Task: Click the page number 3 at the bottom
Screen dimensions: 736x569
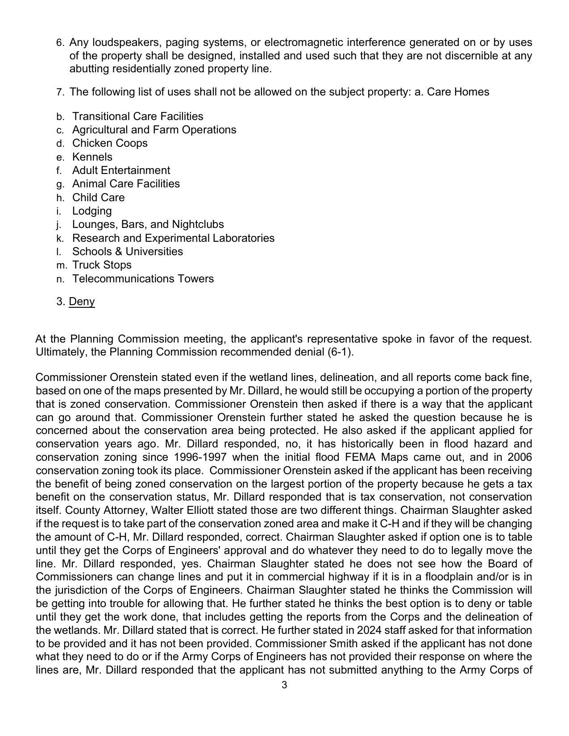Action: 284,685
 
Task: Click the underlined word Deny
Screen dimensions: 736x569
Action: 82,302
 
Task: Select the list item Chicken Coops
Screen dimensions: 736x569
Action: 110,143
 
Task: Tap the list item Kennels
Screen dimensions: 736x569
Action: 92,157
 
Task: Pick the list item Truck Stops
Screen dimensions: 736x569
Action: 102,265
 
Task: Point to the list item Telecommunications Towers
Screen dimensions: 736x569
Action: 143,279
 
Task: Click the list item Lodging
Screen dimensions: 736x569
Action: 92,211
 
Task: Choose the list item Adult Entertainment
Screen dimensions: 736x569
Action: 121,170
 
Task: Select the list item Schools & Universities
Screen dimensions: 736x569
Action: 128,252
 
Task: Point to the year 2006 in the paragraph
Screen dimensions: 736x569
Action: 519,457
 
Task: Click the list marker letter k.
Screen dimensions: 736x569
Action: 60,239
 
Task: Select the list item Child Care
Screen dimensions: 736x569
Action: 98,198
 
